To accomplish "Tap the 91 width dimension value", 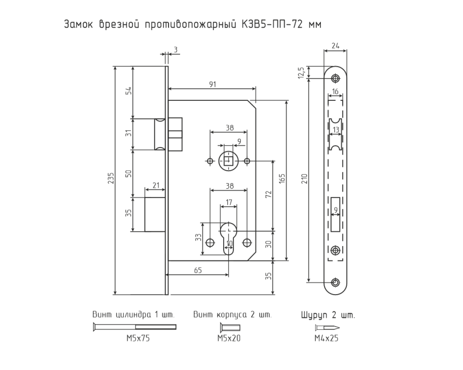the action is click(x=213, y=84).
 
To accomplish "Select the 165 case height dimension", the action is click(x=282, y=178).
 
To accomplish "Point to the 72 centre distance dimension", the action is click(x=269, y=194).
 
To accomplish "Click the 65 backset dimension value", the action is click(x=198, y=270).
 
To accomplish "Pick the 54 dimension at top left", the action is click(x=128, y=91).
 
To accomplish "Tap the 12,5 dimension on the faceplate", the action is click(x=301, y=73).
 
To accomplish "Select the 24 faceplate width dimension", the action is click(x=335, y=46).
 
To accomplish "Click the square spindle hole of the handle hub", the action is click(x=229, y=161).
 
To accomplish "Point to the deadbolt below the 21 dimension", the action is click(x=155, y=214).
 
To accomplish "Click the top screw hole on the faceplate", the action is click(x=335, y=78).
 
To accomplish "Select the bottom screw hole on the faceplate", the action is click(x=335, y=282).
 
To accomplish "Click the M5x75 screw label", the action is click(x=138, y=339).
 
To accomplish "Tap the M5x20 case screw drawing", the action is click(x=230, y=328).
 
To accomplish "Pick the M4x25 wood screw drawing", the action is click(x=327, y=328).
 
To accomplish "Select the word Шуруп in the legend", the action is click(x=314, y=315).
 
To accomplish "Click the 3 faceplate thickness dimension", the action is click(x=175, y=50).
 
